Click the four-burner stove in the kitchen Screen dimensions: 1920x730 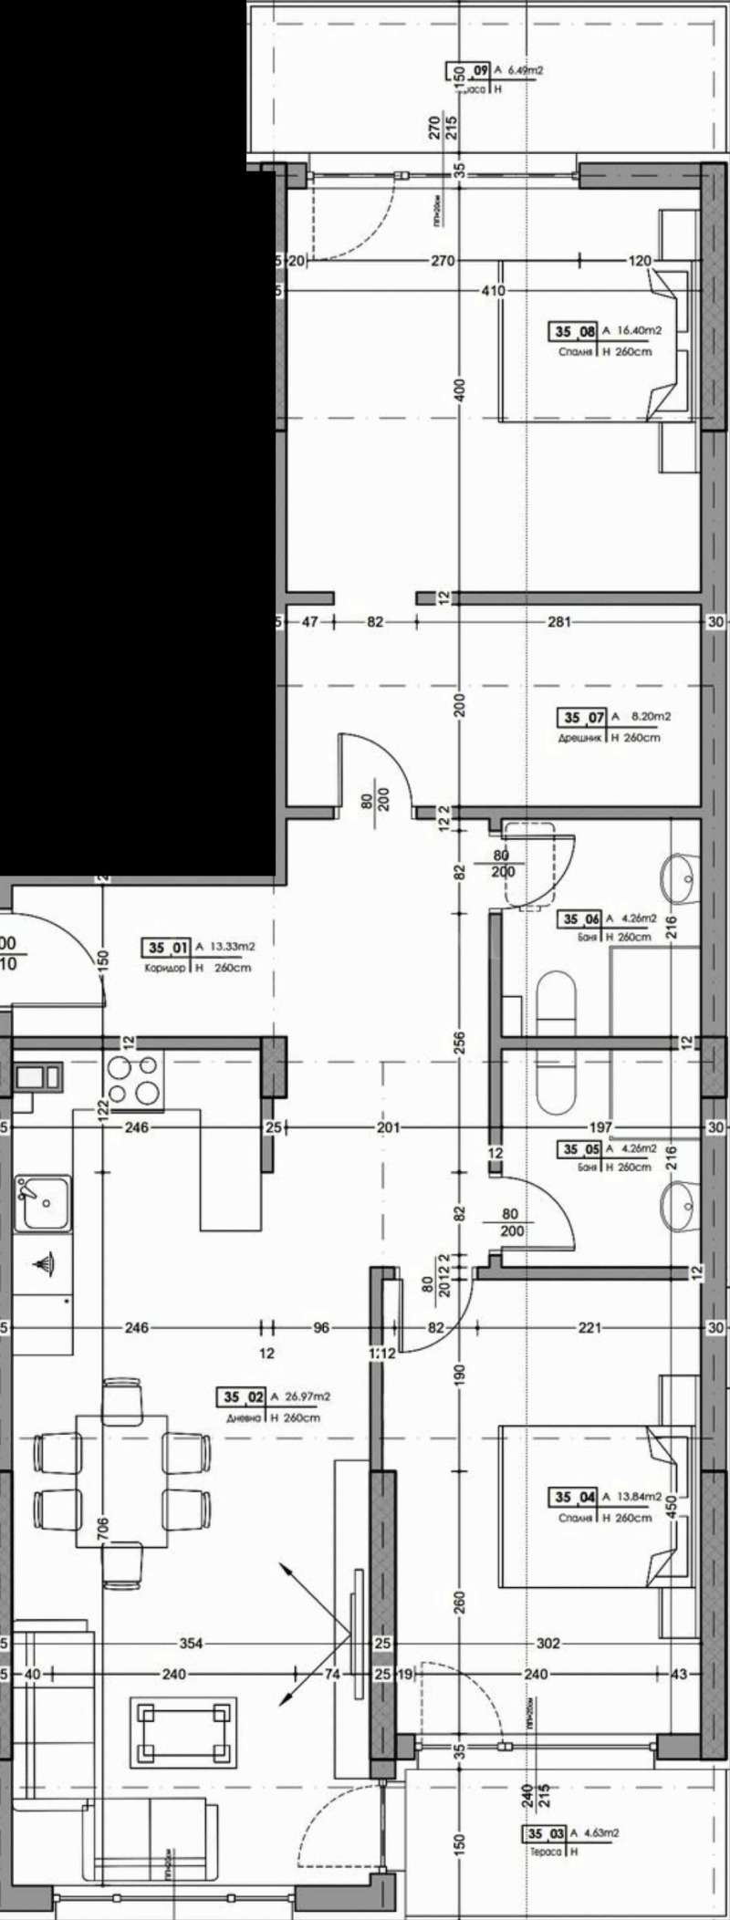coord(134,1080)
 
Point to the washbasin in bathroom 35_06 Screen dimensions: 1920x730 coord(677,878)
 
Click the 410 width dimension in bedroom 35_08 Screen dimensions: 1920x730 coord(493,292)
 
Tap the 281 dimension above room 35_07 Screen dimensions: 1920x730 coord(558,623)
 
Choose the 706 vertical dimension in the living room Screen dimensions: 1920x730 coord(101,1525)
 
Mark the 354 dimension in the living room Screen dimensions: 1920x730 coord(191,1644)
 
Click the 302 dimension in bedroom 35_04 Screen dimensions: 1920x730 coord(547,1644)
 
